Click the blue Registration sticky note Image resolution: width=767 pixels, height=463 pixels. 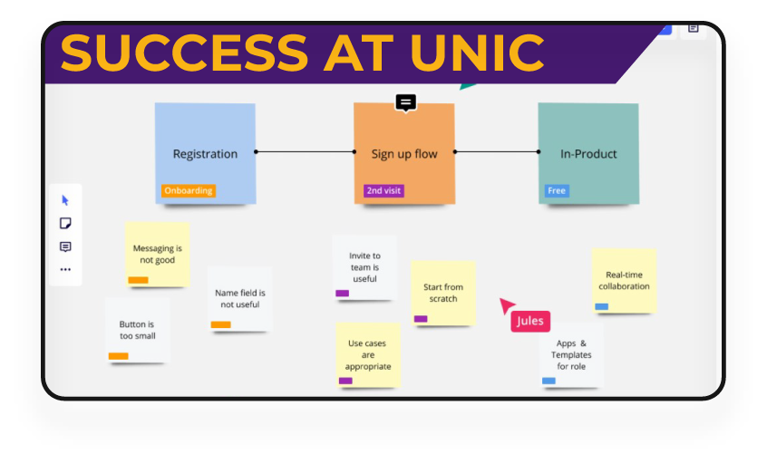(x=205, y=145)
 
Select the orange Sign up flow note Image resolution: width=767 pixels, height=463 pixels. (x=403, y=145)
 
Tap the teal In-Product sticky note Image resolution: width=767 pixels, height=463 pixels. (x=587, y=145)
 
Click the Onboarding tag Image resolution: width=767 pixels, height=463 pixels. (x=189, y=191)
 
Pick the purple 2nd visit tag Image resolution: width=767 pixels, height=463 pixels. (x=383, y=191)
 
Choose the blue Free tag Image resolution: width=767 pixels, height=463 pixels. (x=557, y=191)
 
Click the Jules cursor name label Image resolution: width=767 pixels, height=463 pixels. (x=530, y=322)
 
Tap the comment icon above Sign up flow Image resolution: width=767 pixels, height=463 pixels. (x=406, y=102)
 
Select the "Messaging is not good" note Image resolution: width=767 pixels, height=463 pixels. (x=157, y=254)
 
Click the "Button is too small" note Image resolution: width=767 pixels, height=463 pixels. (x=137, y=329)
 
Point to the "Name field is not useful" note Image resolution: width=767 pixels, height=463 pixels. (x=239, y=298)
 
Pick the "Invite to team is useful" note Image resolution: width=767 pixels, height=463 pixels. (x=364, y=266)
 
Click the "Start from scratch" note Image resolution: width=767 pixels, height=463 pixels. (x=443, y=292)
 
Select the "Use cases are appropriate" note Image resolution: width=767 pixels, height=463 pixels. (x=368, y=354)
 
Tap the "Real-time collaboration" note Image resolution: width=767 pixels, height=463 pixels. (x=624, y=280)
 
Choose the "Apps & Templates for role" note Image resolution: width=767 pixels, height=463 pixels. (x=571, y=354)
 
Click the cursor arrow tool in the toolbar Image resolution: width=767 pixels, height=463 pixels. (x=65, y=200)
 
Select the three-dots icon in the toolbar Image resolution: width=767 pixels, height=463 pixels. (x=65, y=269)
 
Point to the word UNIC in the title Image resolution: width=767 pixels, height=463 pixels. (x=478, y=53)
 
